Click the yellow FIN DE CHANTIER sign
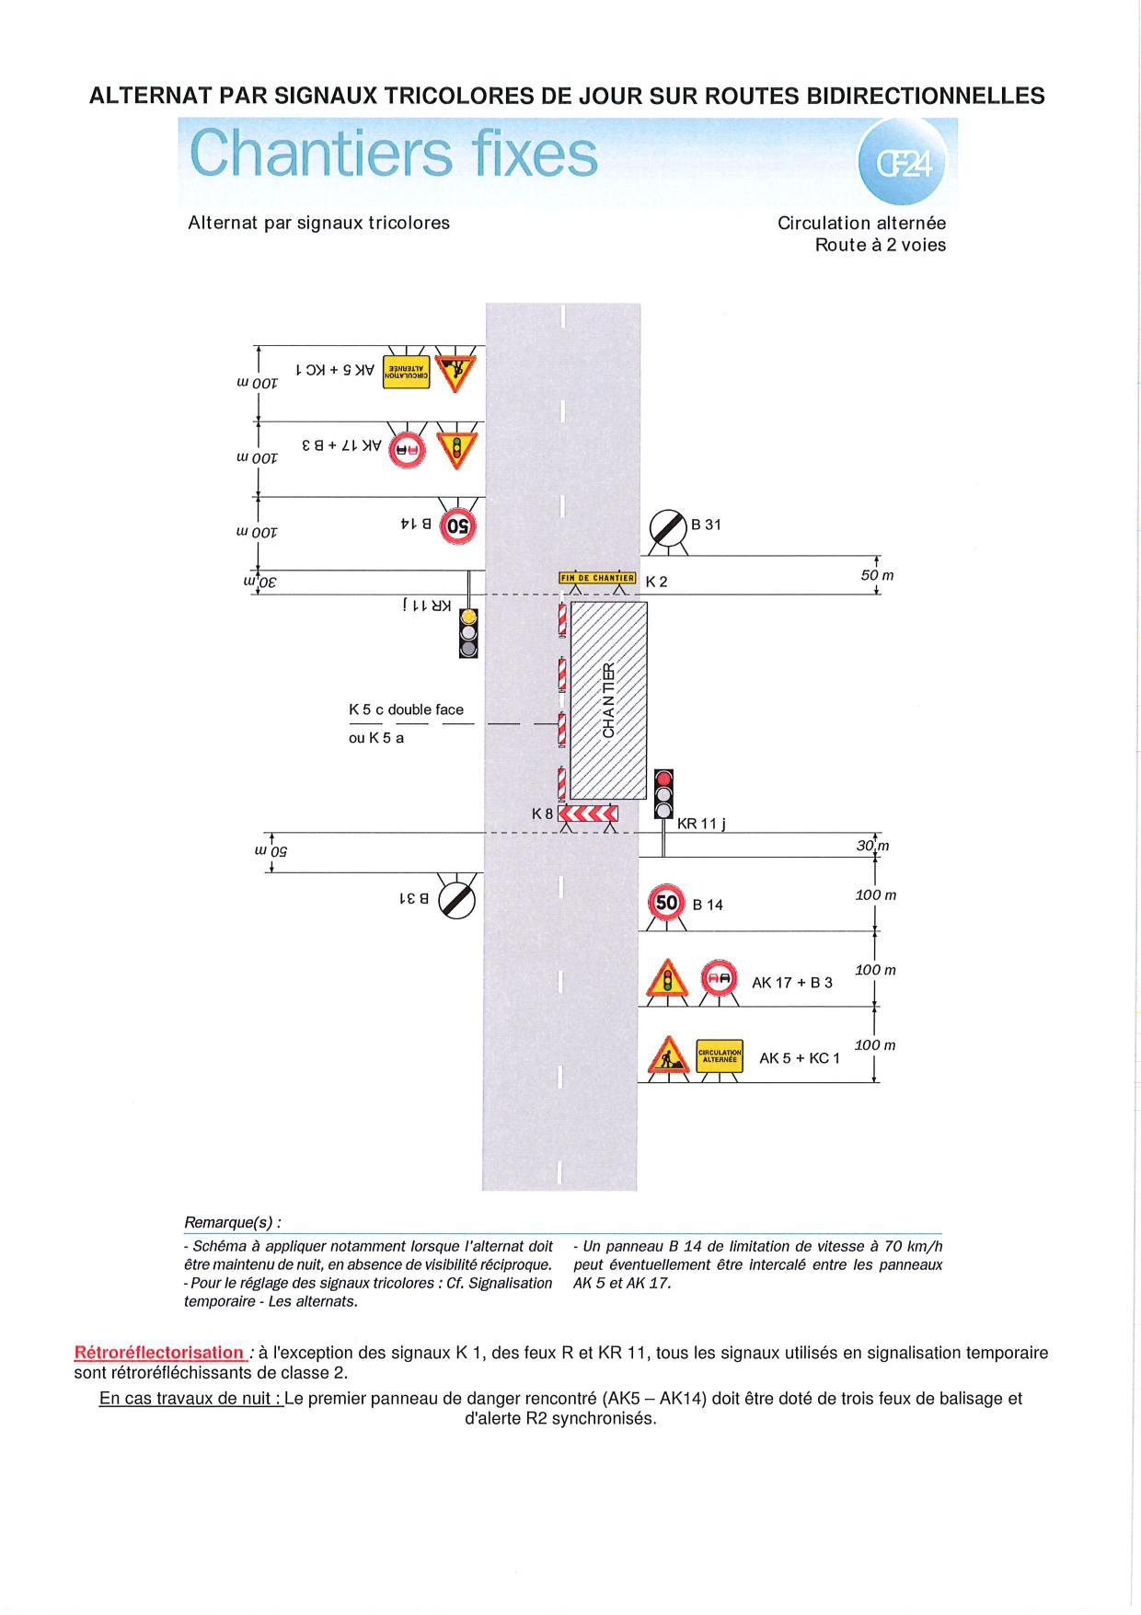(x=597, y=578)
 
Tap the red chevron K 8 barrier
(x=588, y=813)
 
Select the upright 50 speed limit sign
(x=666, y=903)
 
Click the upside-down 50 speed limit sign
(x=457, y=526)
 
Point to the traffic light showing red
(x=663, y=794)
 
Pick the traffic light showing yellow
(x=468, y=632)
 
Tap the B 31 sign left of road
(x=457, y=899)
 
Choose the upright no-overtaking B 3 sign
(x=719, y=978)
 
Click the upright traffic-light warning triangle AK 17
(x=668, y=979)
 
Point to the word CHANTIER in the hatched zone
(x=608, y=699)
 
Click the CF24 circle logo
(x=904, y=163)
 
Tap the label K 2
(x=656, y=582)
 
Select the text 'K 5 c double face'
(x=406, y=709)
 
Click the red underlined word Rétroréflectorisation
(x=159, y=1352)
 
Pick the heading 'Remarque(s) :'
(x=233, y=1222)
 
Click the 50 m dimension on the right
(x=877, y=575)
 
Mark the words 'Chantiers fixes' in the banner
(x=394, y=154)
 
